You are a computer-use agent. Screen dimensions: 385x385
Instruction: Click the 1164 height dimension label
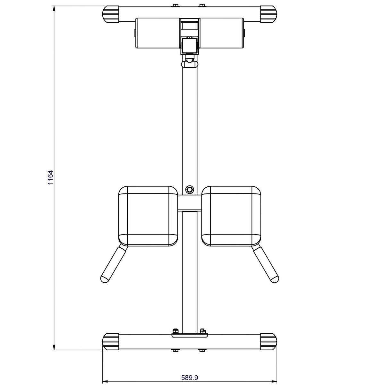[50, 177]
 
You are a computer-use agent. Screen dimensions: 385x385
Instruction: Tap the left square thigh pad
[148, 216]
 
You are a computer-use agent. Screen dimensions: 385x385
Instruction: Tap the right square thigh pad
[231, 216]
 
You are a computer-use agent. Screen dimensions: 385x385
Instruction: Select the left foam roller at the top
[158, 33]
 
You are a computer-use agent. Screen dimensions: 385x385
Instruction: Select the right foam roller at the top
[221, 33]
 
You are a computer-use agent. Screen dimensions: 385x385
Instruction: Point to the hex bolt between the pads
[189, 189]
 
